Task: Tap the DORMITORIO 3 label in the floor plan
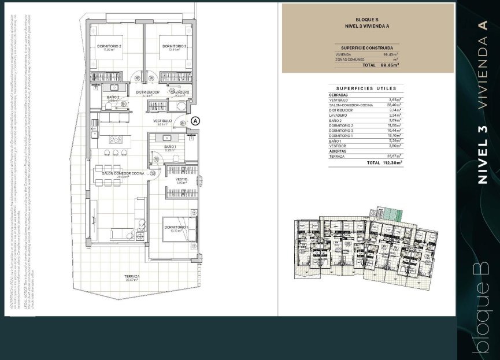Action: click(x=173, y=46)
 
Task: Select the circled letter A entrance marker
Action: click(x=195, y=121)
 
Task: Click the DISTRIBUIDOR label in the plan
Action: click(x=147, y=92)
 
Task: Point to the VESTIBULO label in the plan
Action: click(x=162, y=121)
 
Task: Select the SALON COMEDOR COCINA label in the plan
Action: click(x=123, y=173)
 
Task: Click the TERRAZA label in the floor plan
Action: click(x=132, y=276)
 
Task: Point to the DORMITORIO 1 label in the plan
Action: click(x=176, y=228)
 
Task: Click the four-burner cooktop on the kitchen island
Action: click(x=117, y=139)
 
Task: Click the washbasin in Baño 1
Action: click(x=166, y=138)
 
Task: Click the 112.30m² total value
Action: click(x=391, y=163)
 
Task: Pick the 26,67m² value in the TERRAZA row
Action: click(x=395, y=157)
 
